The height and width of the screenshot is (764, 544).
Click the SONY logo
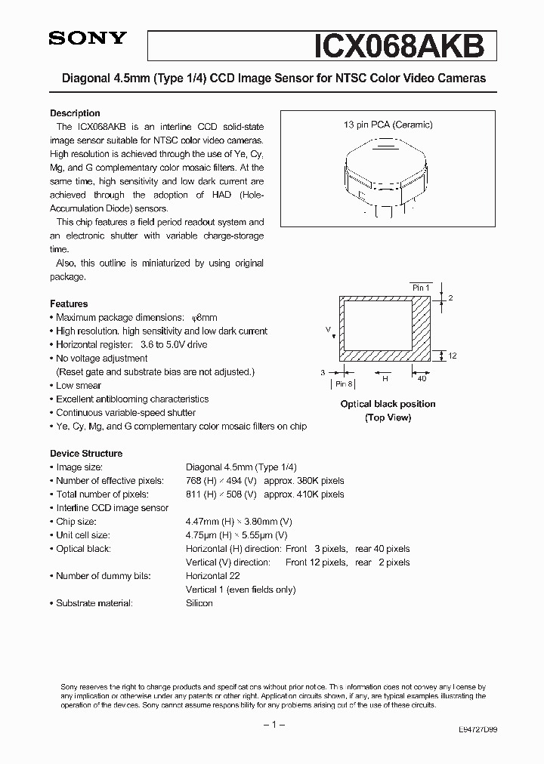point(88,39)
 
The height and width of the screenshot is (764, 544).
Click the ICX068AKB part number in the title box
point(398,45)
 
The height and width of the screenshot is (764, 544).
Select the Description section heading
point(75,113)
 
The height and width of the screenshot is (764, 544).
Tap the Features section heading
point(69,303)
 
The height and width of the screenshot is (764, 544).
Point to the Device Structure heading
point(86,454)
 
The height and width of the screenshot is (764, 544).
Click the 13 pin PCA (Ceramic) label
point(388,125)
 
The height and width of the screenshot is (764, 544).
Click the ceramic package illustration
point(388,172)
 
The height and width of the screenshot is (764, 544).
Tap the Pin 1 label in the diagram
point(420,288)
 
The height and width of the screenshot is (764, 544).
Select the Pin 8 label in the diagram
point(345,384)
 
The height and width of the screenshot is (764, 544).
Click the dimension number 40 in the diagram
point(422,380)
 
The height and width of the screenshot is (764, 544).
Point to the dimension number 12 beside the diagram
point(452,356)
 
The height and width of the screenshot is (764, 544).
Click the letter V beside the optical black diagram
point(328,329)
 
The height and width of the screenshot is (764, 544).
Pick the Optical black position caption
point(388,405)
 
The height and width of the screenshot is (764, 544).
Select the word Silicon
point(199,603)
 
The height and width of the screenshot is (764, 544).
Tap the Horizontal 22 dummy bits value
point(213,576)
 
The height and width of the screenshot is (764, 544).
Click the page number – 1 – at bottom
point(271,725)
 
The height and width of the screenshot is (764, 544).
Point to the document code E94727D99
point(478,731)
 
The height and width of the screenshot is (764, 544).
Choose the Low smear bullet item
point(79,385)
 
